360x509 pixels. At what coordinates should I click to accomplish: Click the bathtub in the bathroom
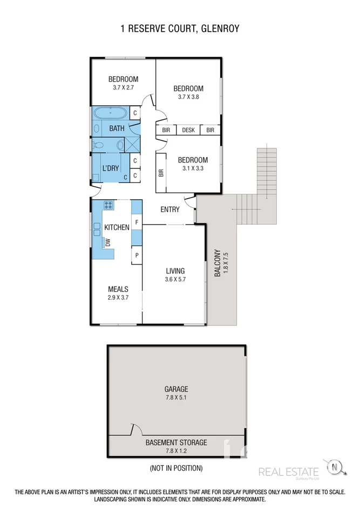point(111,114)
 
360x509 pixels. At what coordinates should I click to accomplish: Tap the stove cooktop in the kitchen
point(108,205)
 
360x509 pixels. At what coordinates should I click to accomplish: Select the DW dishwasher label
point(107,242)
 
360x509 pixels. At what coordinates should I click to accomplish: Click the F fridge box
point(137,222)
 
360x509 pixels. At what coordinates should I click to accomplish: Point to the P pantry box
point(137,255)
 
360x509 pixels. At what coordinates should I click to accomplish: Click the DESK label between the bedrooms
point(188,130)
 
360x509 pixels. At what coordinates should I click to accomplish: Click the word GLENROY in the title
point(219,28)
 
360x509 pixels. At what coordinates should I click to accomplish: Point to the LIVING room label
point(175,271)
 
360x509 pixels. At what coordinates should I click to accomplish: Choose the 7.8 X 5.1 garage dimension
point(176,397)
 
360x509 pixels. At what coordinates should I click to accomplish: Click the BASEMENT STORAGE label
point(176,443)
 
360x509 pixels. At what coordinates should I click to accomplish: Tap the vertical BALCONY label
point(218,263)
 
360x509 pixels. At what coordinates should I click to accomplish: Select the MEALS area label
point(118,289)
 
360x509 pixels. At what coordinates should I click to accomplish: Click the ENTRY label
point(170,209)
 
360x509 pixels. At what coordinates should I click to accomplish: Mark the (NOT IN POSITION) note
point(176,468)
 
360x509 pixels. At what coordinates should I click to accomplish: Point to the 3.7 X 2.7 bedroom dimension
point(123,87)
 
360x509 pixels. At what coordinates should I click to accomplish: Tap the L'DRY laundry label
point(111,168)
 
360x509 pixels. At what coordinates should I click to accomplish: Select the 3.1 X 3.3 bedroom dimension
point(193,168)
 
